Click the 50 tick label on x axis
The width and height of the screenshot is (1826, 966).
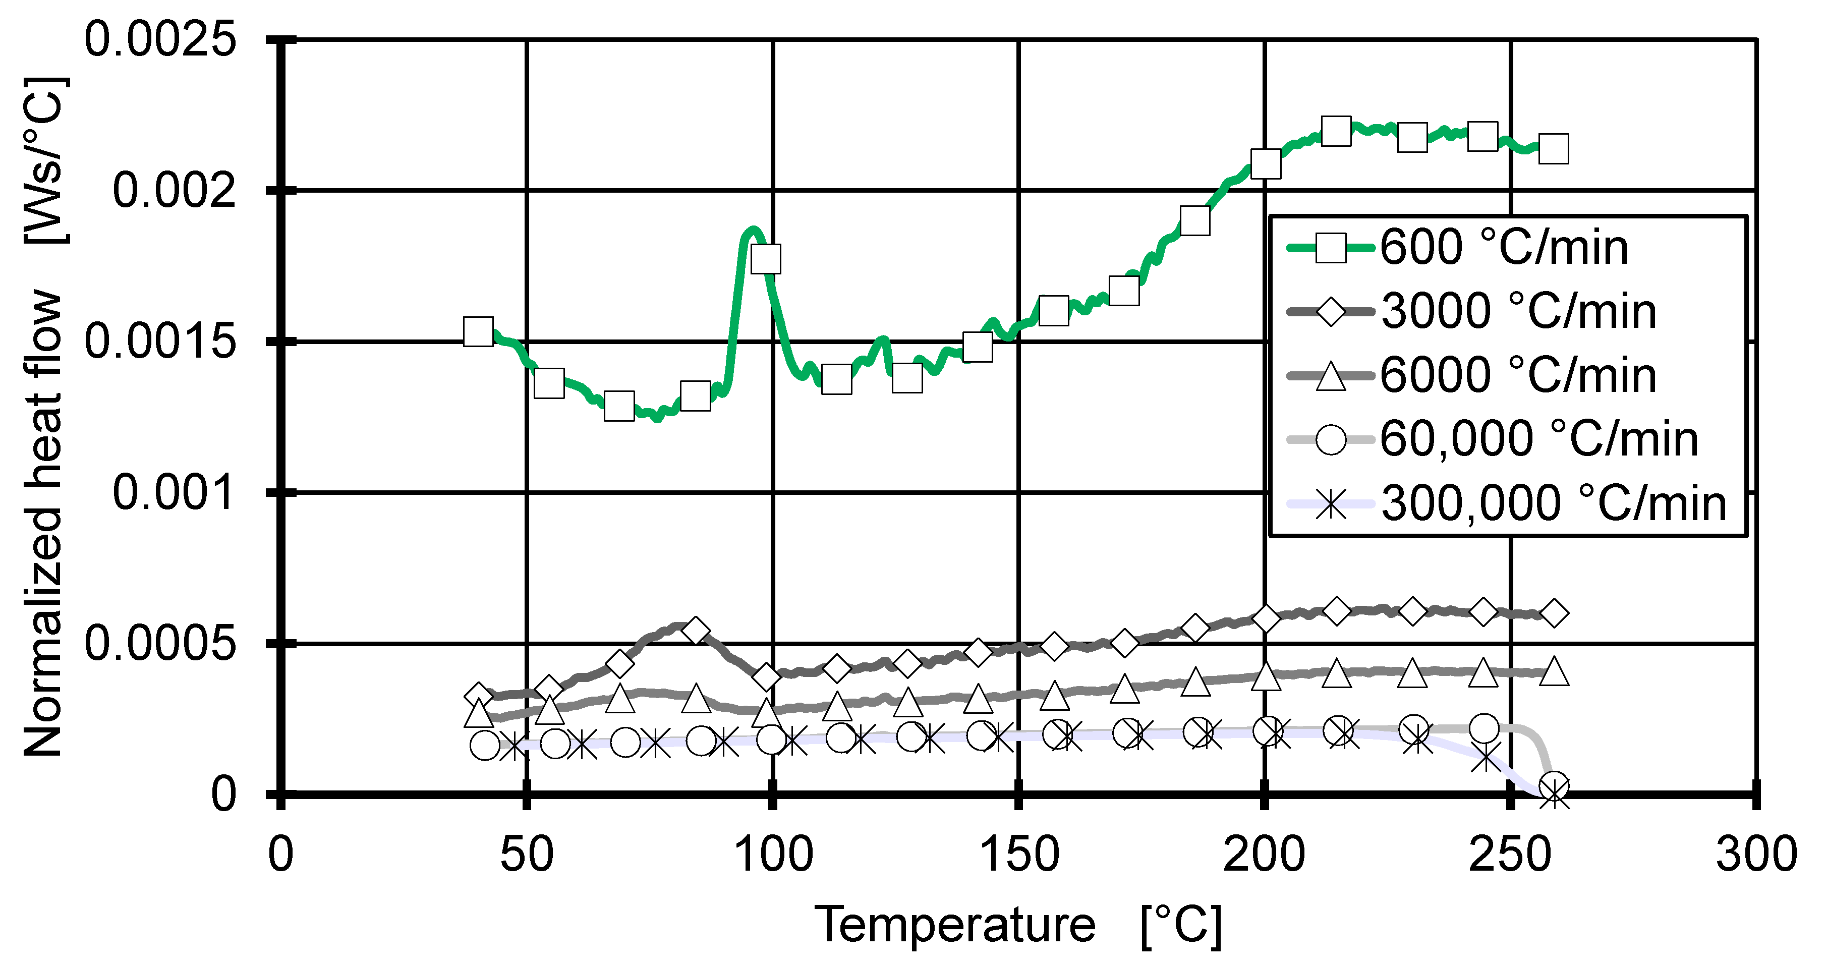pos(527,855)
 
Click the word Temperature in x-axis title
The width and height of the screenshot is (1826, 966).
pos(955,925)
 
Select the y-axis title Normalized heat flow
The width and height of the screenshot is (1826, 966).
pos(44,525)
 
